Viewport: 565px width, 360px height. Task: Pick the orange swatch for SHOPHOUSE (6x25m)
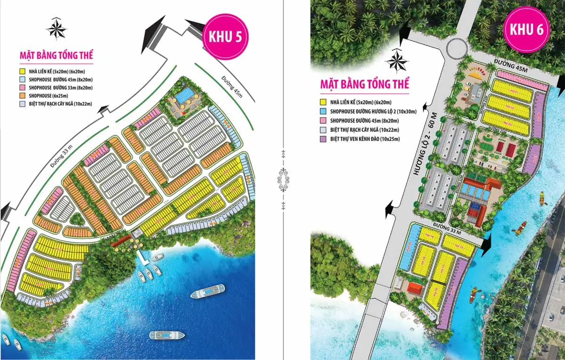22,96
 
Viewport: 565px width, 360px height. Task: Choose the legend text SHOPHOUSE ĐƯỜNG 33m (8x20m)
61,88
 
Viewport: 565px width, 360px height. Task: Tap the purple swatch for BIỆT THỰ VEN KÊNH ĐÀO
323,139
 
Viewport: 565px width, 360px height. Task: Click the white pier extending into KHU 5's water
143,256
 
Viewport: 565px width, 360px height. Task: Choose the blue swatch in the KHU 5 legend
22,80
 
